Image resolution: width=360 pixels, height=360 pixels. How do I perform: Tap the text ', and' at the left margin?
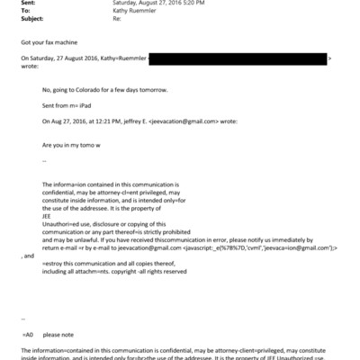27,256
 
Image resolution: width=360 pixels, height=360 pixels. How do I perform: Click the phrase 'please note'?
58,333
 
